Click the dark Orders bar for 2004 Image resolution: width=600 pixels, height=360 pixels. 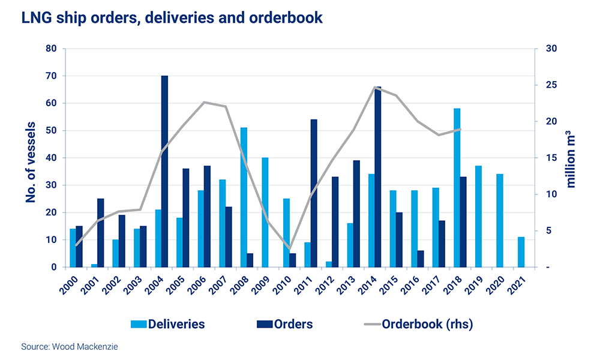click(164, 172)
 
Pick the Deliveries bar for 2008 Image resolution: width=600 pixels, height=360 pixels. click(244, 197)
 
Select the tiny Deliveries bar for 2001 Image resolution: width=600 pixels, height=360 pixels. click(94, 265)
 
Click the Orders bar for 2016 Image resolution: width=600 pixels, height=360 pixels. click(421, 259)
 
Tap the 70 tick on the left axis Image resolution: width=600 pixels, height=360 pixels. click(52, 76)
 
